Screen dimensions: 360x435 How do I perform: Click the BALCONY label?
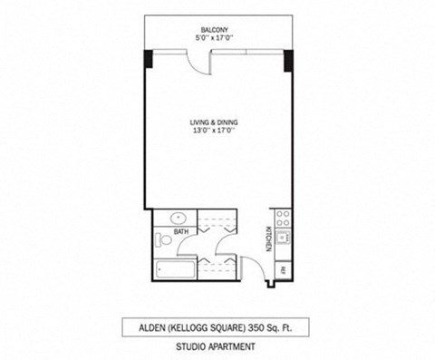(217, 30)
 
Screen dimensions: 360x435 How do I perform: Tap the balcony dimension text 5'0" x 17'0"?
(217, 39)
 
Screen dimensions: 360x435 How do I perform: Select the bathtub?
(174, 269)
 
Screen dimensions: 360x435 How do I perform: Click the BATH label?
(181, 232)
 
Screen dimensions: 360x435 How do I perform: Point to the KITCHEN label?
(268, 238)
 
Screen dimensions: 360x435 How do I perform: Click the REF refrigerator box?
(283, 270)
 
